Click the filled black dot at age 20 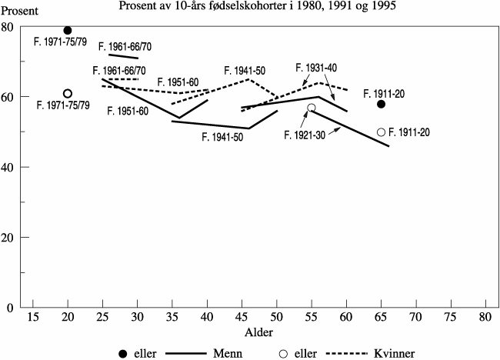pyautogui.click(x=68, y=30)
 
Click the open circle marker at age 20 pyautogui.click(x=68, y=94)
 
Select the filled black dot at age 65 pyautogui.click(x=382, y=104)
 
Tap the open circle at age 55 pyautogui.click(x=312, y=108)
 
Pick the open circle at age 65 pyautogui.click(x=382, y=132)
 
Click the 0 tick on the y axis pyautogui.click(x=18, y=308)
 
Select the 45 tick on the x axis pyautogui.click(x=242, y=317)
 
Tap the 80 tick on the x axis pyautogui.click(x=485, y=317)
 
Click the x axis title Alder pyautogui.click(x=255, y=332)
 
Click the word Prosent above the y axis pyautogui.click(x=23, y=11)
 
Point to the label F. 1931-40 pyautogui.click(x=317, y=68)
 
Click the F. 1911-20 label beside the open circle pyautogui.click(x=409, y=132)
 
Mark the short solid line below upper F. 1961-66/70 pyautogui.click(x=123, y=57)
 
